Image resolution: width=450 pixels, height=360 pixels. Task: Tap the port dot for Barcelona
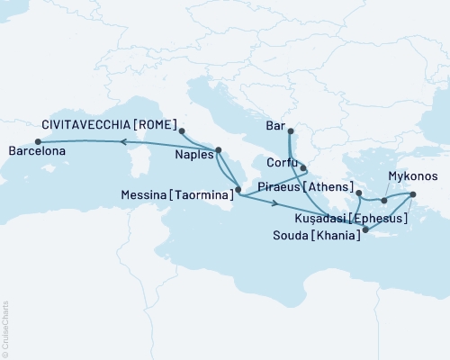[x=38, y=141]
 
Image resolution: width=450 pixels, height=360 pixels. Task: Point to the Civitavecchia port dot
[x=182, y=131]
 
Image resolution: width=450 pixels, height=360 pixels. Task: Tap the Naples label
[x=192, y=154]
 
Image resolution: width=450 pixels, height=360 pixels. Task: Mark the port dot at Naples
[x=218, y=150]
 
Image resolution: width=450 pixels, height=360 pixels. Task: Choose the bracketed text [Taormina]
[x=210, y=193]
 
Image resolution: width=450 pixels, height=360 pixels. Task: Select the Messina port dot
[x=238, y=190]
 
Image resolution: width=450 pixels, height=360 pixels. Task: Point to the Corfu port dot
[x=303, y=168]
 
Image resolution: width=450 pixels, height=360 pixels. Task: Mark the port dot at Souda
[x=364, y=229]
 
